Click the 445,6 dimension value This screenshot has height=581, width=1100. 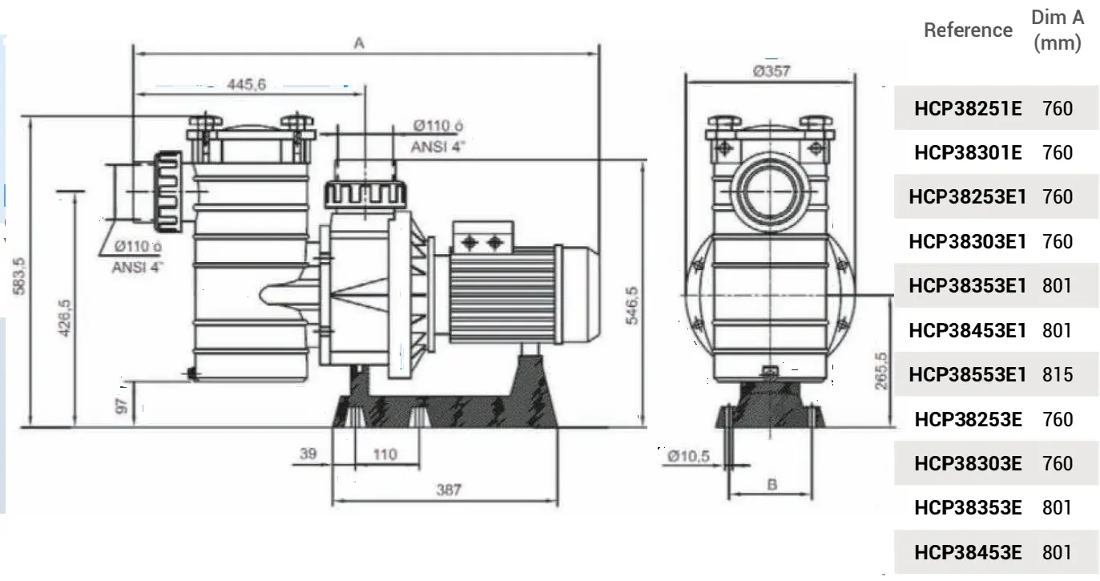tap(246, 84)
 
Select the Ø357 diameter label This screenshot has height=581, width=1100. tap(772, 71)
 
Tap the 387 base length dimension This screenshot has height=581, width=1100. tap(449, 490)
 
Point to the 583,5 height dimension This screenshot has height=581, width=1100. tap(19, 276)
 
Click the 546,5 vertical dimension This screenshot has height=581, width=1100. tap(632, 305)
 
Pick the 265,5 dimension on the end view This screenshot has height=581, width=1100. tap(881, 371)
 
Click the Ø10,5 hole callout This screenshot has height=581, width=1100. tap(688, 456)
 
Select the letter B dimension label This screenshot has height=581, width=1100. tap(772, 485)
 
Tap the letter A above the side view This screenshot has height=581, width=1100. tap(359, 43)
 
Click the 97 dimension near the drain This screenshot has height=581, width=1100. tap(121, 406)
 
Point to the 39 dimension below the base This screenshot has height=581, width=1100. tap(308, 454)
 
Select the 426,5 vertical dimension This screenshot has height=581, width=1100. tap(64, 319)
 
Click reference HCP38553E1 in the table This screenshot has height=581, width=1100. tap(968, 375)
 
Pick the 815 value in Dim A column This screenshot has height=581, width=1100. tap(1058, 375)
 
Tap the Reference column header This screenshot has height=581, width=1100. tap(969, 30)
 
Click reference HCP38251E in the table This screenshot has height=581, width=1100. tap(968, 108)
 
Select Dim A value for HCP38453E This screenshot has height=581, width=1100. tap(1057, 552)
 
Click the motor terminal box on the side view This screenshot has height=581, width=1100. tap(483, 238)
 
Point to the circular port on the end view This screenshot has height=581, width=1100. tap(769, 192)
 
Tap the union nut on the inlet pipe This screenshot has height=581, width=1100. tap(167, 192)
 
